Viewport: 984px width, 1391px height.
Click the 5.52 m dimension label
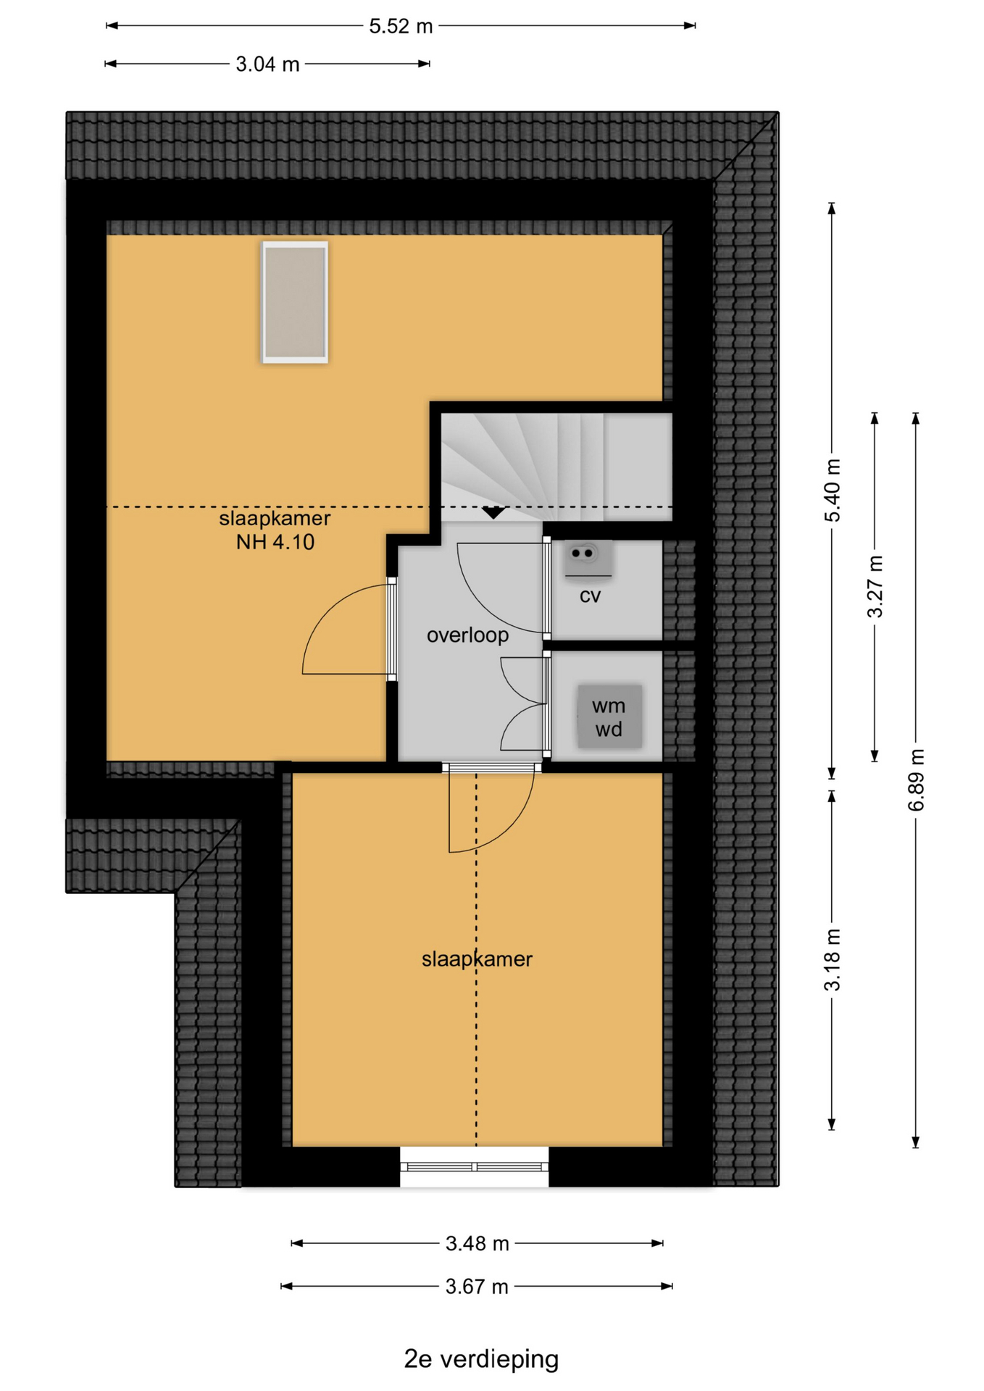[x=401, y=26]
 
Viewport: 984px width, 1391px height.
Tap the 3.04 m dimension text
[x=267, y=64]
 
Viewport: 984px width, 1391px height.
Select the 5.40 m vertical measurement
[x=833, y=490]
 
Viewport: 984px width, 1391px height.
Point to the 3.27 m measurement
[x=875, y=586]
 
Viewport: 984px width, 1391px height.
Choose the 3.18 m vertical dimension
[x=833, y=959]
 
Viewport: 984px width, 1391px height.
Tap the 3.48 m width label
[x=478, y=1244]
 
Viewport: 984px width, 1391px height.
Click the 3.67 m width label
[x=478, y=1287]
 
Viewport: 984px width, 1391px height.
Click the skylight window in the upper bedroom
[x=295, y=302]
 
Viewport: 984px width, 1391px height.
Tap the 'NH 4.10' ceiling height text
[x=275, y=542]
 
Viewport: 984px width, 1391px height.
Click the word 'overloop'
[x=467, y=635]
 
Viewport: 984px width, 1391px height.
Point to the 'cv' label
[x=590, y=596]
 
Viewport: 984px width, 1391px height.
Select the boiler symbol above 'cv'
[x=588, y=559]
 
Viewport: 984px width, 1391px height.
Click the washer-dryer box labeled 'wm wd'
[x=609, y=717]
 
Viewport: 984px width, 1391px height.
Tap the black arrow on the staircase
[x=493, y=513]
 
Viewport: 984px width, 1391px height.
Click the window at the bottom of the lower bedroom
[x=475, y=1166]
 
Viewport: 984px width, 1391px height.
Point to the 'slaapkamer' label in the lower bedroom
[x=477, y=959]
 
